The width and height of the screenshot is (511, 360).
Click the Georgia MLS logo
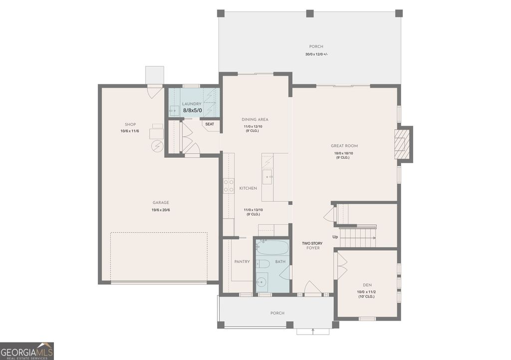tap(27, 351)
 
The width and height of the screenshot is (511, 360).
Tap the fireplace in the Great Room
tap(402, 144)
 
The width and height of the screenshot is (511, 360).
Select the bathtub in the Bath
tap(272, 248)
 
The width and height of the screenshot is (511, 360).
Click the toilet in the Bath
tap(263, 264)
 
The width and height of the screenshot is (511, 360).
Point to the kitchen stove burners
tap(229, 186)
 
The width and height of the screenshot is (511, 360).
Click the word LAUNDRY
tap(192, 104)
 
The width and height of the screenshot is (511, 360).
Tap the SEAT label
tap(210, 124)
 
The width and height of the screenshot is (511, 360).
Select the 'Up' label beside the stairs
tap(336, 237)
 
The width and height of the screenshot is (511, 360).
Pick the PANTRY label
tap(242, 262)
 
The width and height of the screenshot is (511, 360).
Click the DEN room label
tap(367, 285)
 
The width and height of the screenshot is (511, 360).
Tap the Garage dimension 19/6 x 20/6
tap(161, 210)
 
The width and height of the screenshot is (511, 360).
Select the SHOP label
tap(130, 124)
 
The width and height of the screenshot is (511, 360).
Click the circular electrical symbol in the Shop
tap(157, 146)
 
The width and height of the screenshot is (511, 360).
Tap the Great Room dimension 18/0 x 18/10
tap(344, 153)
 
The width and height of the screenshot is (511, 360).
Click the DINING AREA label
tap(255, 119)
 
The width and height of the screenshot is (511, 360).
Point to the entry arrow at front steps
tap(313, 330)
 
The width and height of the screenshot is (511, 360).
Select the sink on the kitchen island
tap(268, 176)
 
